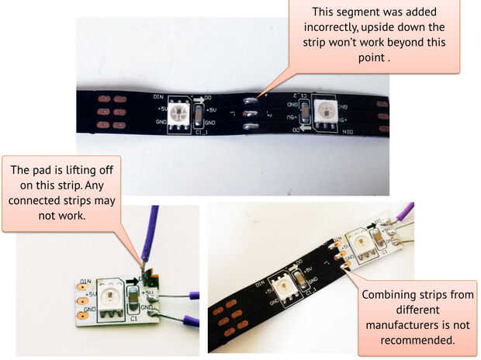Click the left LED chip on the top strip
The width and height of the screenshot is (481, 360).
point(182,114)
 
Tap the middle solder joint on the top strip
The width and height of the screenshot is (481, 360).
point(249,113)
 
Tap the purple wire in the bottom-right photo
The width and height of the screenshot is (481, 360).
point(403,211)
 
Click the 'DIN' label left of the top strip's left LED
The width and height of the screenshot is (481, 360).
point(159,97)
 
